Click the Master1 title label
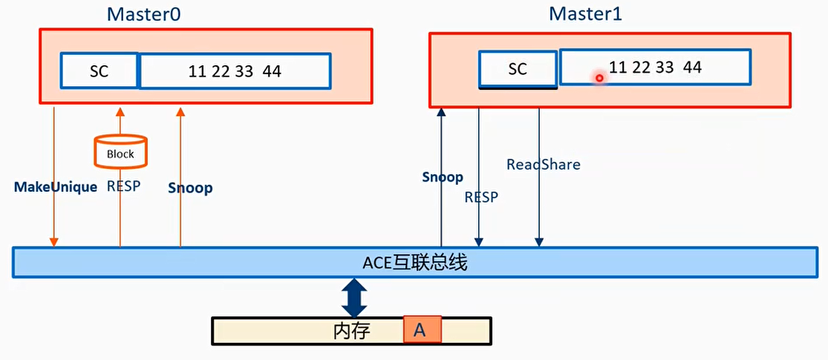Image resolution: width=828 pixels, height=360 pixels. click(x=584, y=13)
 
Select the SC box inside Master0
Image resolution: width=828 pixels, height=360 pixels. click(x=100, y=71)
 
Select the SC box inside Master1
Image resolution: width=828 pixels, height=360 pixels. click(x=518, y=69)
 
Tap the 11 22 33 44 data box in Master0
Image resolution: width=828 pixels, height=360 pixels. click(x=235, y=71)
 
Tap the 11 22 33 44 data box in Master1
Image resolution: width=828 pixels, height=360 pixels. click(x=655, y=68)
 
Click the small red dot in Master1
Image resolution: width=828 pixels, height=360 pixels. click(x=599, y=77)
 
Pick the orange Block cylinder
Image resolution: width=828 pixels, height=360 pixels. click(x=120, y=151)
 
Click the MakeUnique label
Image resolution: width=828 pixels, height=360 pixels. click(x=56, y=187)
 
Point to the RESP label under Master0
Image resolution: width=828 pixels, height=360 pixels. click(x=123, y=186)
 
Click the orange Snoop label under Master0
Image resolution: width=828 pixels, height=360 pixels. click(x=190, y=188)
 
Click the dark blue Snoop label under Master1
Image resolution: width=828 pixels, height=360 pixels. click(x=443, y=177)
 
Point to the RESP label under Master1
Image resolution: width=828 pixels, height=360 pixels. click(x=481, y=197)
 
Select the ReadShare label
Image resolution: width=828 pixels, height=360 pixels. click(x=543, y=164)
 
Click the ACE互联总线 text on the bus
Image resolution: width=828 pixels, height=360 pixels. click(x=414, y=263)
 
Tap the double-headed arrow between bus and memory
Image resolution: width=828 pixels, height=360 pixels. click(x=354, y=297)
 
